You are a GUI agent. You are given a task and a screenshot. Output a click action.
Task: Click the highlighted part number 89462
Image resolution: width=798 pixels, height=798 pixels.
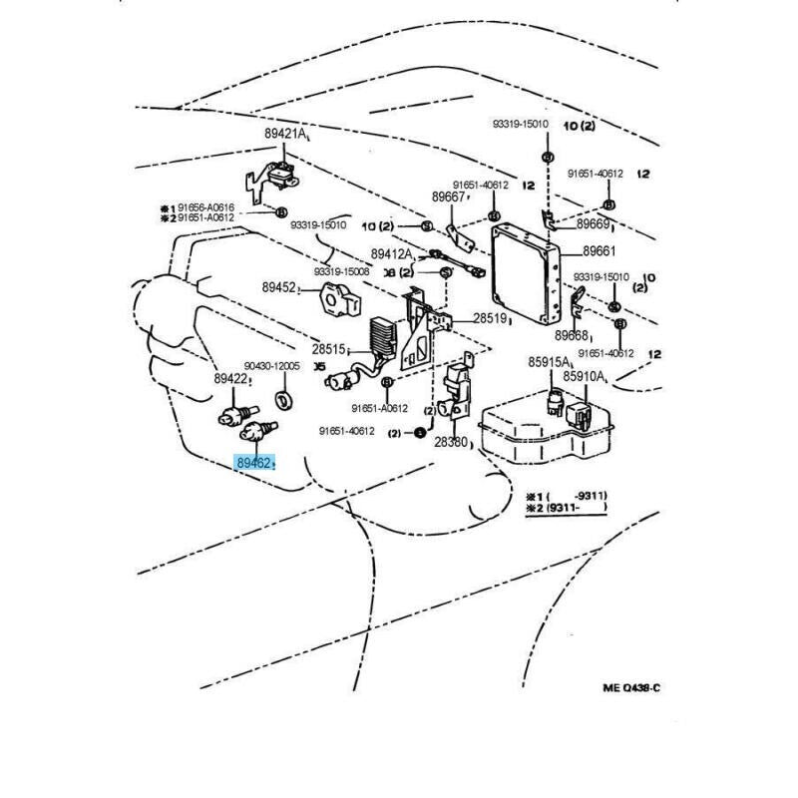254,463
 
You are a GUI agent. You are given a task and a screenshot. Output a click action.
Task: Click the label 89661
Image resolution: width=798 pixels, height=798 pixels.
599,251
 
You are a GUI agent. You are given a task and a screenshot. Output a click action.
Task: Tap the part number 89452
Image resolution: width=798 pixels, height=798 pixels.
280,287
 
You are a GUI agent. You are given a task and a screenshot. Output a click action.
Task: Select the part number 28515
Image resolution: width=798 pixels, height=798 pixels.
328,349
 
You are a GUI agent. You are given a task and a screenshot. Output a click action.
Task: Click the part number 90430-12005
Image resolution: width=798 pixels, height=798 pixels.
272,366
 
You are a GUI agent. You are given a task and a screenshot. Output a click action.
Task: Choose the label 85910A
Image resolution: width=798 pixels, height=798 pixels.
584,376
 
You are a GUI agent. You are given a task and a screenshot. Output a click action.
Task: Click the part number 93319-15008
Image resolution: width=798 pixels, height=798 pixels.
342,271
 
